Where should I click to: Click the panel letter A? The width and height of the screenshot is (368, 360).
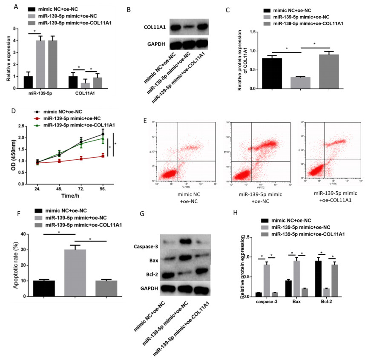click(4, 6)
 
